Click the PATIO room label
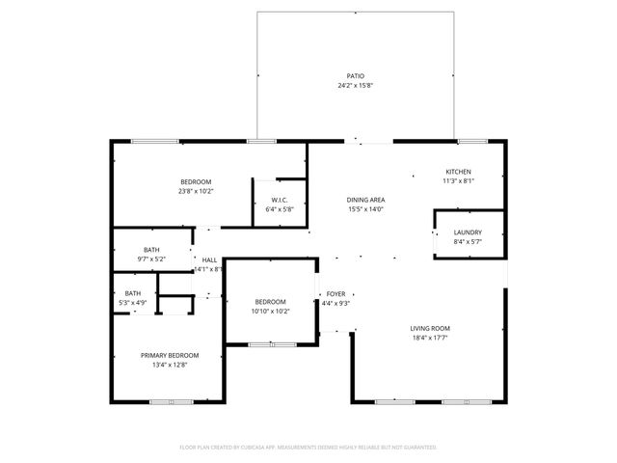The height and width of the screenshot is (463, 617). click(356, 75)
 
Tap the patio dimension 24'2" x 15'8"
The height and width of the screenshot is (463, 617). click(356, 86)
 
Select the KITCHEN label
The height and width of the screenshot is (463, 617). click(458, 171)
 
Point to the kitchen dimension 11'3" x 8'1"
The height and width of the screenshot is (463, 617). click(458, 180)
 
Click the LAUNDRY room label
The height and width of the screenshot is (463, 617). click(468, 232)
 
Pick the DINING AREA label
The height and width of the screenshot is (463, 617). click(366, 200)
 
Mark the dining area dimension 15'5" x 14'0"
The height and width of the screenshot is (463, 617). click(366, 209)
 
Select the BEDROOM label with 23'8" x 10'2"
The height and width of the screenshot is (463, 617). click(196, 181)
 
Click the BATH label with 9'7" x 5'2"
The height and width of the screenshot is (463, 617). click(152, 249)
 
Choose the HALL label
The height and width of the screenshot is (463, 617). click(209, 259)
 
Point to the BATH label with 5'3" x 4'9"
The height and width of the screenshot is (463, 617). click(133, 293)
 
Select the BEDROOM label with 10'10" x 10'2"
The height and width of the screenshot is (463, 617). click(270, 301)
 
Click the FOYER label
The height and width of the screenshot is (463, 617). click(335, 293)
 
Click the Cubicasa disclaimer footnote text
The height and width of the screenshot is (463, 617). click(308, 448)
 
